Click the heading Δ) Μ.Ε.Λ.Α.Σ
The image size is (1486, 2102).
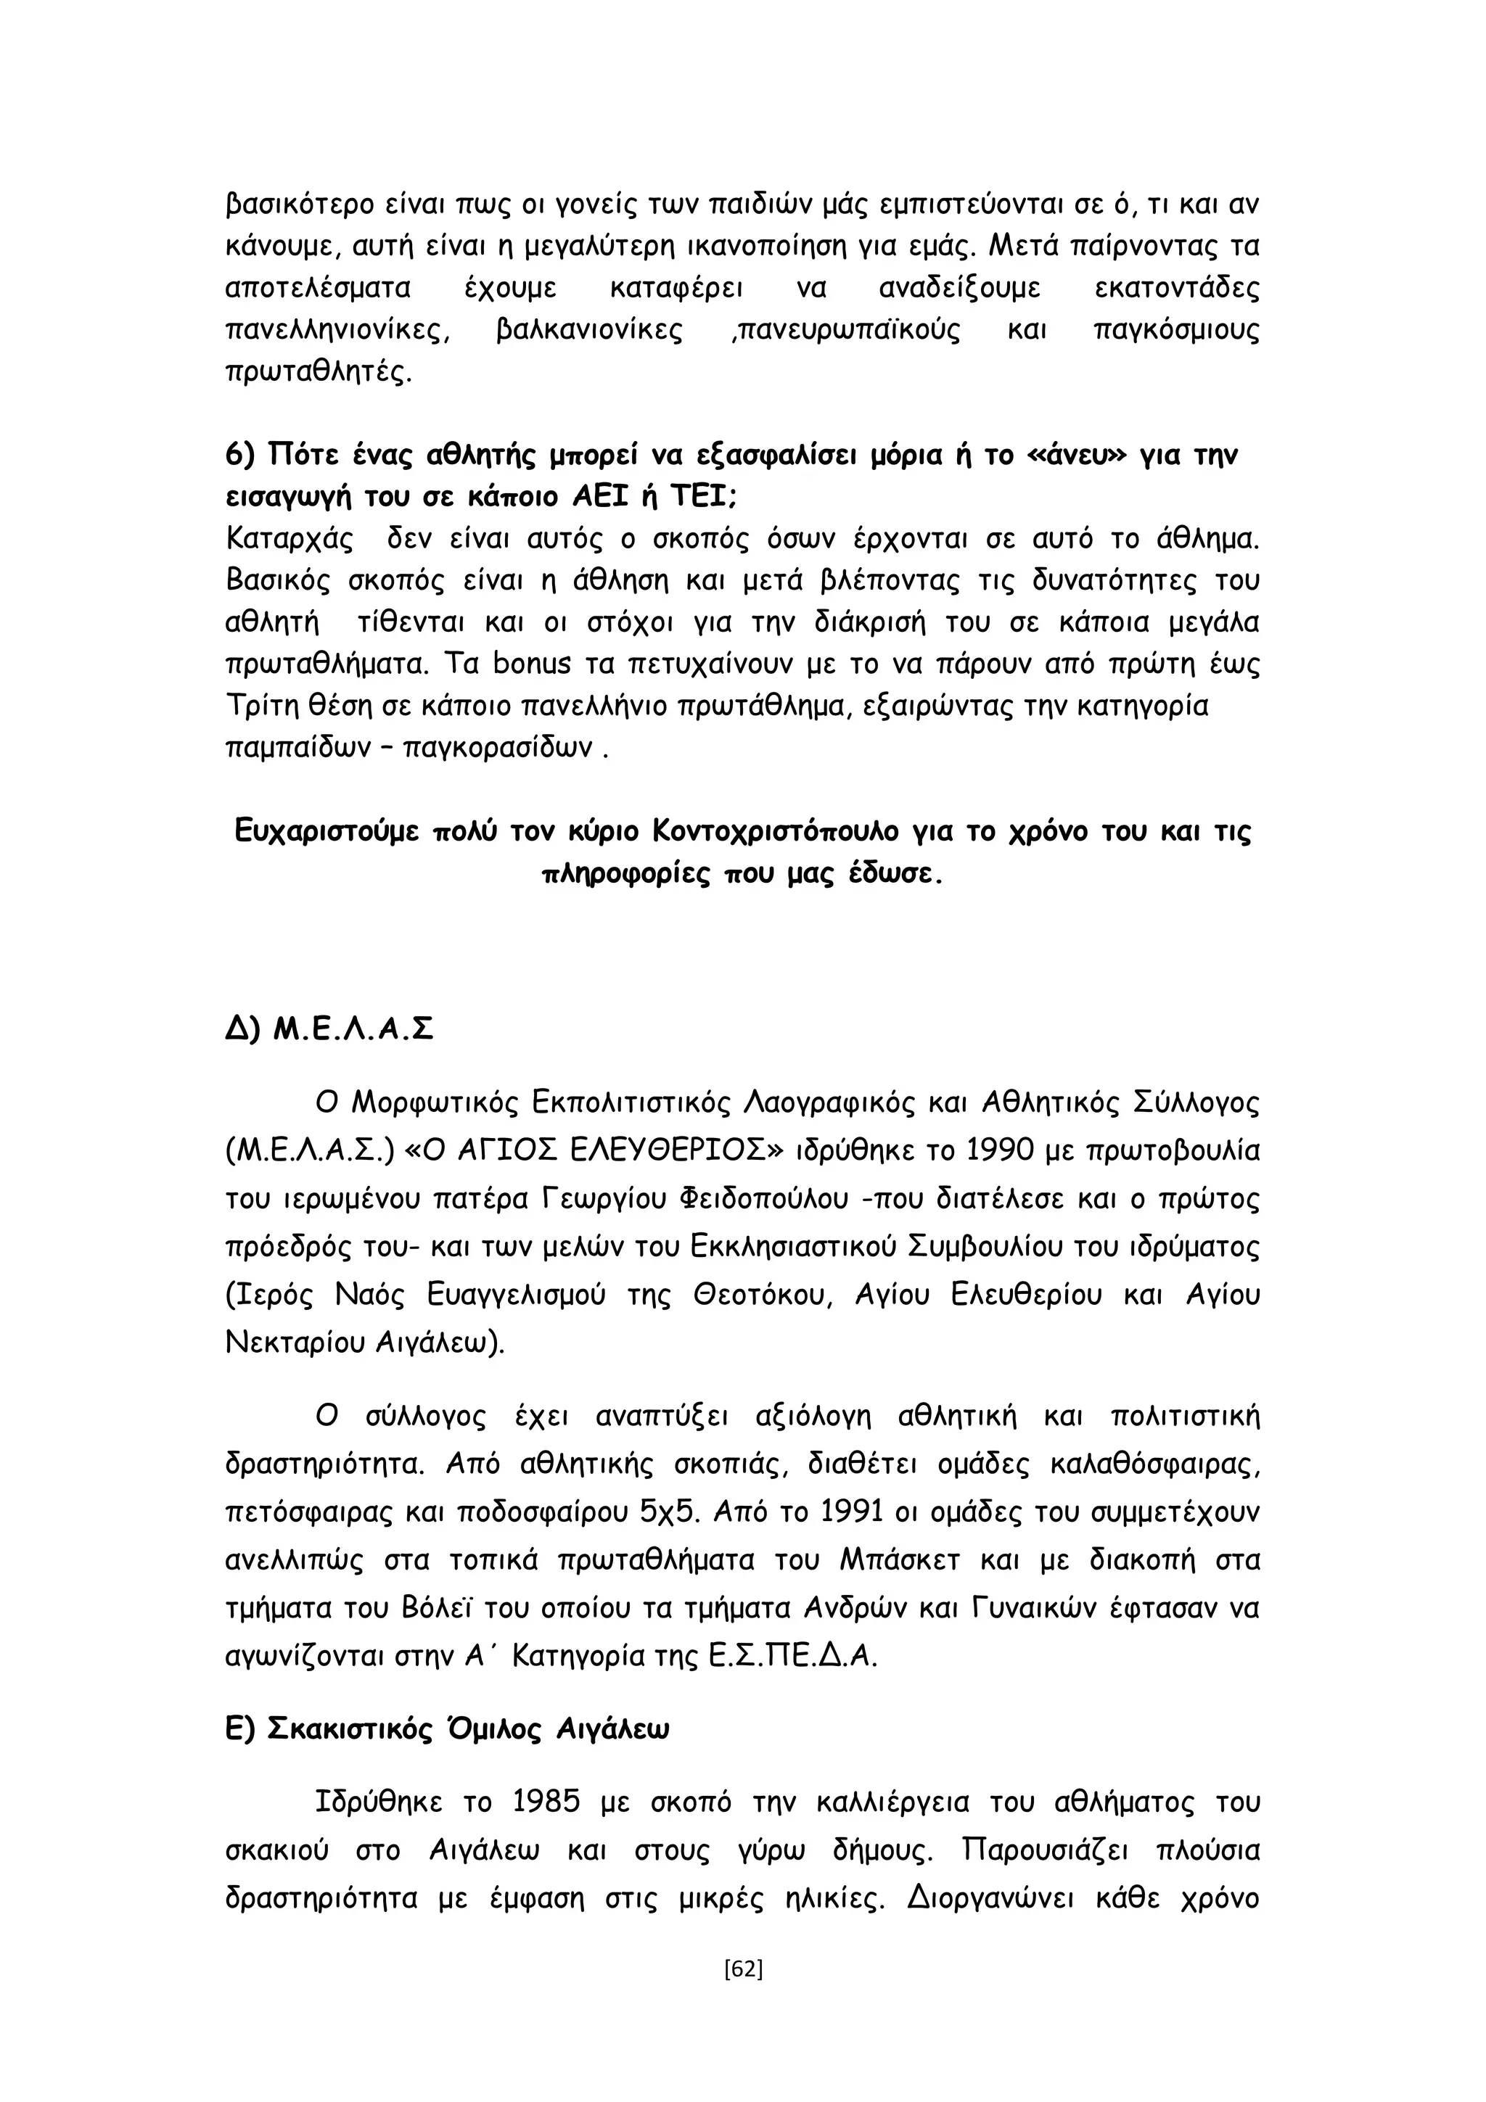tap(329, 1030)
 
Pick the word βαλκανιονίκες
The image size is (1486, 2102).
tap(588, 331)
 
